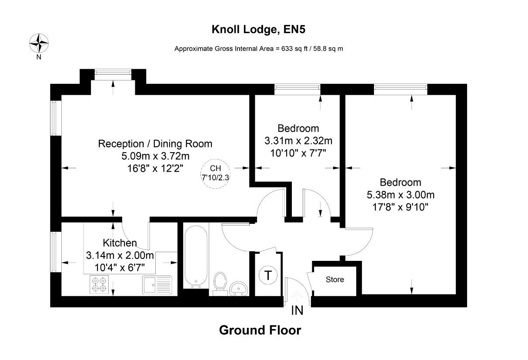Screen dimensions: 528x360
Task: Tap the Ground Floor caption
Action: tap(260, 330)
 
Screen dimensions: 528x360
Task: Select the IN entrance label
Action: tap(297, 311)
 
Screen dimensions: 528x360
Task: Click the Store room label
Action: tap(335, 280)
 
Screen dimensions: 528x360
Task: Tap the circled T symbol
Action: tap(268, 275)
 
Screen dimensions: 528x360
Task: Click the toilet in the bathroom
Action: tap(220, 283)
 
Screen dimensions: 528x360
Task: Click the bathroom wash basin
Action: tap(238, 287)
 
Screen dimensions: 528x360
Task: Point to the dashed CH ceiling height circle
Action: tap(215, 173)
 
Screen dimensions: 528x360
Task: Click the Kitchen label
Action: tap(120, 243)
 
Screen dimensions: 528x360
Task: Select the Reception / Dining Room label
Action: tap(155, 143)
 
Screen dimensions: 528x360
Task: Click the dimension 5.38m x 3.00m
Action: tap(401, 195)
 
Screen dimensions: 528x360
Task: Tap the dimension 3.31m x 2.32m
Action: tap(298, 141)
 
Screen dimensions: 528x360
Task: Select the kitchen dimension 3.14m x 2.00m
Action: tap(120, 255)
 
